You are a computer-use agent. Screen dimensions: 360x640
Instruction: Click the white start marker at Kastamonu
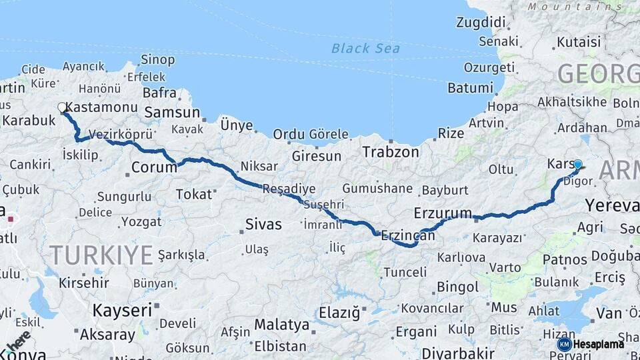tap(62, 107)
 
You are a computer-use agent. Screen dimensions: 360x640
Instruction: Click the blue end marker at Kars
tap(577, 164)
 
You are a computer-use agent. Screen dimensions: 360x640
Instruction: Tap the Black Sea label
tap(365, 48)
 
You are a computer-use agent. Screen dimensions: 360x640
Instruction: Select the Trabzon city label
tap(391, 152)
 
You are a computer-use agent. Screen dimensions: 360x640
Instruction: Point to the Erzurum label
tap(443, 213)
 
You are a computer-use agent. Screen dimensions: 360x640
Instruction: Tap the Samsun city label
tap(172, 113)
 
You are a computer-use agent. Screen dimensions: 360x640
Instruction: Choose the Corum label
tap(154, 167)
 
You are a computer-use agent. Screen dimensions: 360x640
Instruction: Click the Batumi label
tap(470, 88)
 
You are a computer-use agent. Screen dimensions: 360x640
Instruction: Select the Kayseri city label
tap(122, 310)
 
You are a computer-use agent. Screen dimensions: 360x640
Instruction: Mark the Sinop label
tap(158, 60)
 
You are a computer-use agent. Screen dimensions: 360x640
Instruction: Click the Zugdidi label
tap(481, 22)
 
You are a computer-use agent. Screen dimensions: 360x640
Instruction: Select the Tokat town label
tap(193, 194)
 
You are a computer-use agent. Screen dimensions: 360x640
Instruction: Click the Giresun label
tap(317, 157)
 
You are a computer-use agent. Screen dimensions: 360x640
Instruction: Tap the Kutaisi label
tap(574, 42)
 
